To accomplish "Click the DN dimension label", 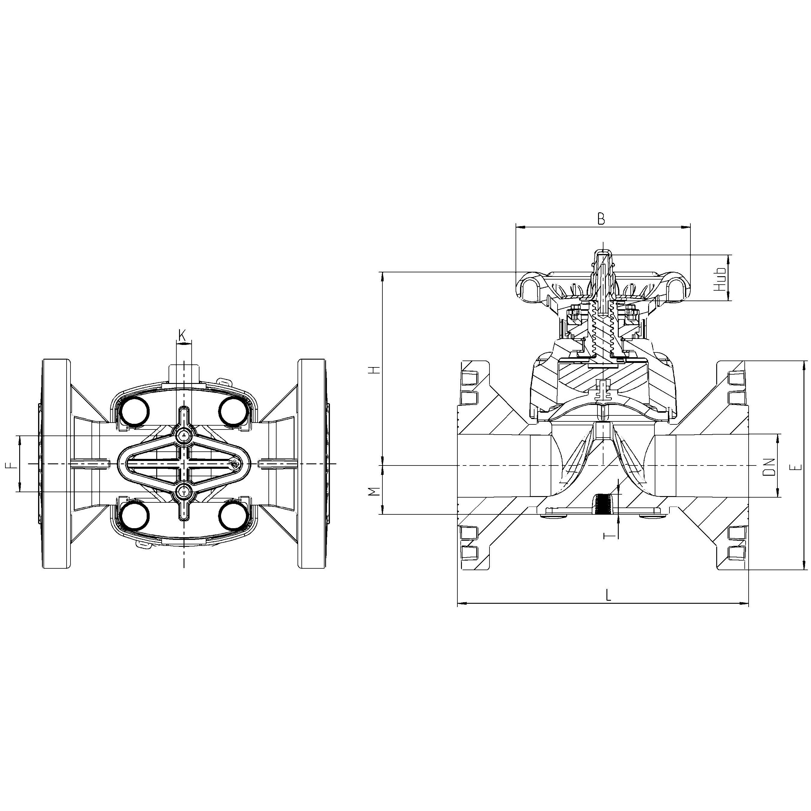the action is point(769,466).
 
